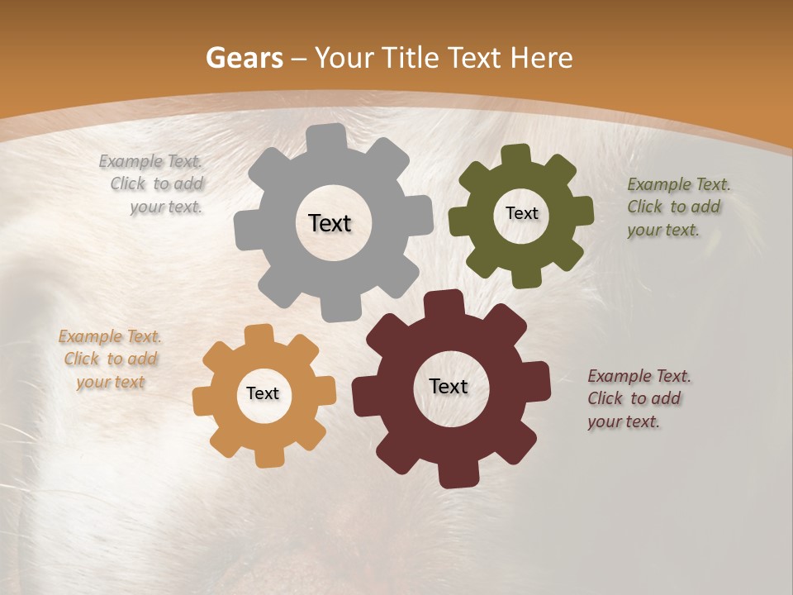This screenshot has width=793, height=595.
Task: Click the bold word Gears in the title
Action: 244,58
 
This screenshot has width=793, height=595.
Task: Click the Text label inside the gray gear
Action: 330,223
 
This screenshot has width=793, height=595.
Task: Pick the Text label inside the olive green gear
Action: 521,213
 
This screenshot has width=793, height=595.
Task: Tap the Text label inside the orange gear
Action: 263,394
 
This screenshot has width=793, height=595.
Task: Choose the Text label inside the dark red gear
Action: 449,387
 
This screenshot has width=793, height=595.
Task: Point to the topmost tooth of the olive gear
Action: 515,155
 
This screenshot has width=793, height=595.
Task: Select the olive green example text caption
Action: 677,207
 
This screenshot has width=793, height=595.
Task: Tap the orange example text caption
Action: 110,359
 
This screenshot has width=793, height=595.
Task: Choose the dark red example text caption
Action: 638,399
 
